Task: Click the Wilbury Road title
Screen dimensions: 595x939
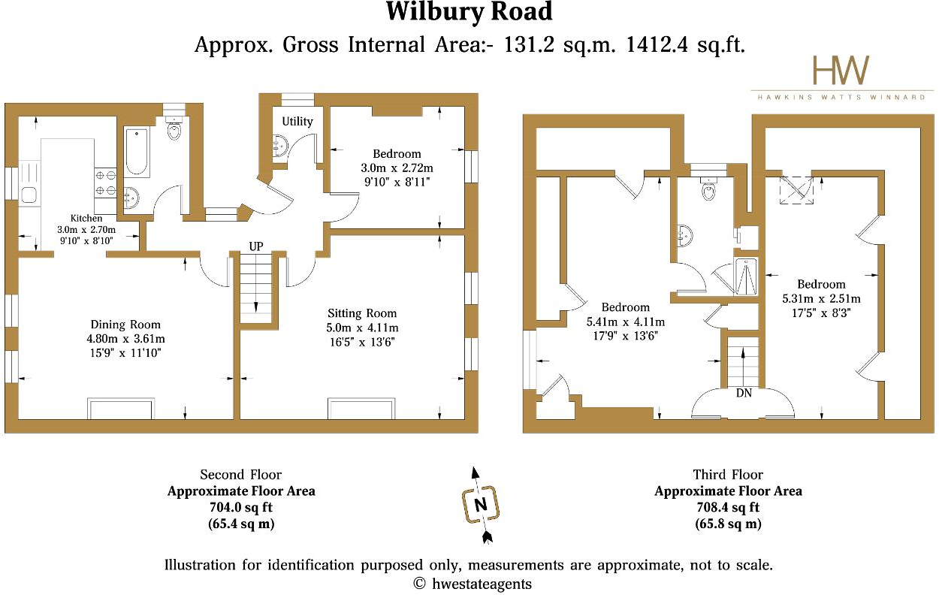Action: (469, 13)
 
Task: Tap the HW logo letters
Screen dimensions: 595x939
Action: (841, 71)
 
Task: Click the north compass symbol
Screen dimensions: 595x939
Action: (479, 504)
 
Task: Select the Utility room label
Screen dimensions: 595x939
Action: (297, 122)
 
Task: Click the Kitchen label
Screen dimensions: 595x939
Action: (86, 218)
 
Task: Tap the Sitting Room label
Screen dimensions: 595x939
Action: (362, 313)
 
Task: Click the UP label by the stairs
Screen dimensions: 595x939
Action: (257, 246)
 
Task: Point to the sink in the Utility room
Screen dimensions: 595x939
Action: (278, 147)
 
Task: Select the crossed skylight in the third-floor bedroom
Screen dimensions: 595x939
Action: (795, 190)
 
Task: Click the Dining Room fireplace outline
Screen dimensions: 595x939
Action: (122, 409)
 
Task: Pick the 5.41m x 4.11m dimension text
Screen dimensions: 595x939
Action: (625, 322)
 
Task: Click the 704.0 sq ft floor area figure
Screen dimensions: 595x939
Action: (240, 508)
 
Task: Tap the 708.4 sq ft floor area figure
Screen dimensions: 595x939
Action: (728, 508)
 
